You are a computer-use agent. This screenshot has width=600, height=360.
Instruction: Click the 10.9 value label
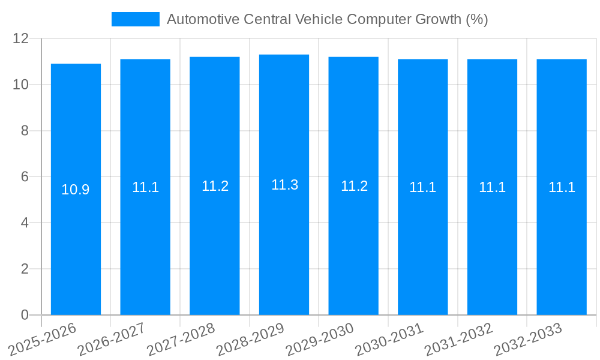76,190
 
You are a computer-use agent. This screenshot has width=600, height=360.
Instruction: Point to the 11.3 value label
284,185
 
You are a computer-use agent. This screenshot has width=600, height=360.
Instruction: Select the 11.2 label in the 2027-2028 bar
215,186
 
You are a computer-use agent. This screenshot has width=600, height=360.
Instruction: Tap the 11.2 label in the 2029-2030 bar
354,186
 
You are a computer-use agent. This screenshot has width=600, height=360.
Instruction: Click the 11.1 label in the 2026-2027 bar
145,187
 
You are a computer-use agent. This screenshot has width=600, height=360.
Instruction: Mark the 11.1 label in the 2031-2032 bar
492,187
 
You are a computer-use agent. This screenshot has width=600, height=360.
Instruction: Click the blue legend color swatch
136,19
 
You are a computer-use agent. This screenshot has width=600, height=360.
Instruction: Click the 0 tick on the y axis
25,315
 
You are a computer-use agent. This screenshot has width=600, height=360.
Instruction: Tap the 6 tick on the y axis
25,177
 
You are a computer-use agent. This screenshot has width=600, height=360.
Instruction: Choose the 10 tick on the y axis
21,85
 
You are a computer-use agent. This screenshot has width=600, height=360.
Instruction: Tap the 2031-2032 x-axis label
459,340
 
